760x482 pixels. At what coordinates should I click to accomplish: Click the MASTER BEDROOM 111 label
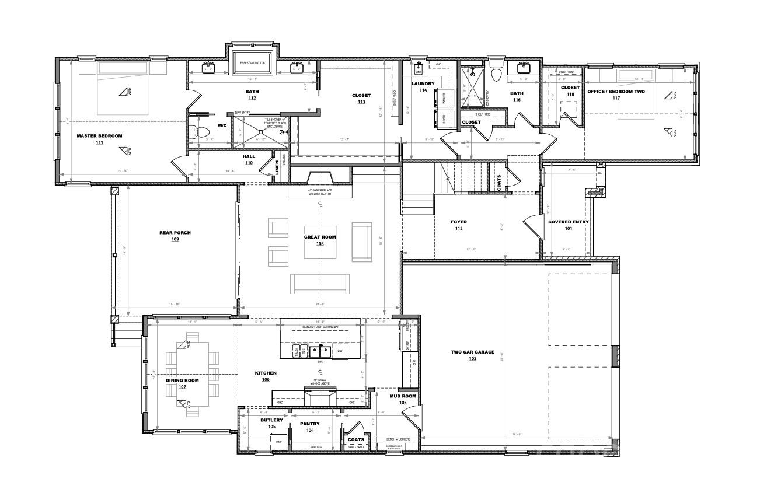coord(99,139)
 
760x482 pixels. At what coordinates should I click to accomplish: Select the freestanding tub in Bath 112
coord(253,63)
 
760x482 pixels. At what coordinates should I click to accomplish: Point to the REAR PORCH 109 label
coord(175,236)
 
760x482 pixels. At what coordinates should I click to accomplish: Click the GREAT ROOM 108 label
coord(320,240)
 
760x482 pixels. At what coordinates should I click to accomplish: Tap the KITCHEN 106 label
coord(266,376)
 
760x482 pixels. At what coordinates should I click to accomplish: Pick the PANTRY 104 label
coord(309,427)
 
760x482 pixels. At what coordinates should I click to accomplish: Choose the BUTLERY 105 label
coord(271,423)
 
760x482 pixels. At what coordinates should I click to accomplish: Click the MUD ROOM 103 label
coord(403,399)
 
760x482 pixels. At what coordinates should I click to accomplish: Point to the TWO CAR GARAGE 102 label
coord(472,355)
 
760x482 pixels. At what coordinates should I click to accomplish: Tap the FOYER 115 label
coord(459,225)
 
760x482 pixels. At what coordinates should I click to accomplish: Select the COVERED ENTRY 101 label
coord(568,225)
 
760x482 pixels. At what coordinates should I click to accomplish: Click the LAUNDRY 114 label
coord(423,87)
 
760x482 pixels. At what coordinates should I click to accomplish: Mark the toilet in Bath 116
coord(497,74)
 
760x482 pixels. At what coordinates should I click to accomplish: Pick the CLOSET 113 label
coord(361,99)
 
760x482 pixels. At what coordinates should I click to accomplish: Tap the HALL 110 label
coord(249,159)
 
